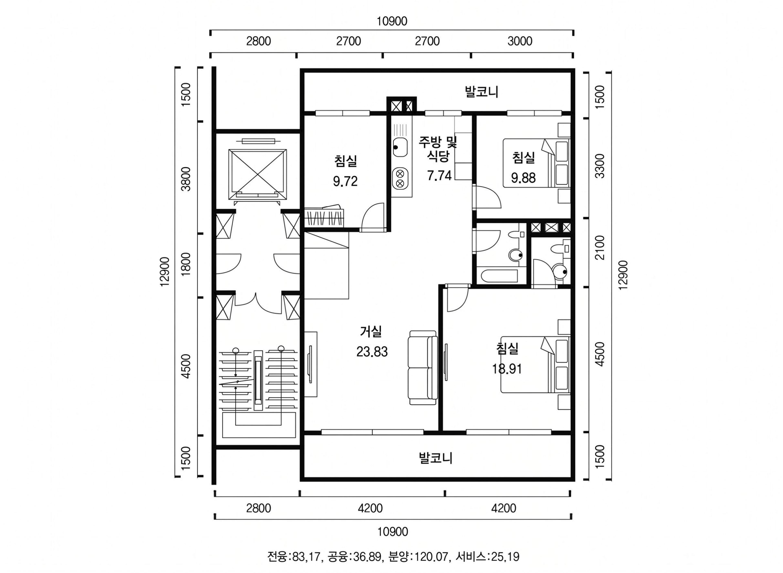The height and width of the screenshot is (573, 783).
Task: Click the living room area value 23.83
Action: tap(372, 352)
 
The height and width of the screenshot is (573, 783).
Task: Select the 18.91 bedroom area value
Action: tap(507, 369)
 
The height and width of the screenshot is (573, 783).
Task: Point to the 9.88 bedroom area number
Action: tap(523, 178)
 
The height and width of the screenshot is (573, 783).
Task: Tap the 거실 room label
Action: tap(371, 332)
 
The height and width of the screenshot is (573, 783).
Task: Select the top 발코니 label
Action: tap(482, 92)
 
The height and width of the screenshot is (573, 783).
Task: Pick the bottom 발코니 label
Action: tap(436, 458)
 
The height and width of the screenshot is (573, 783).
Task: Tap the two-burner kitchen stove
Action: tap(400, 178)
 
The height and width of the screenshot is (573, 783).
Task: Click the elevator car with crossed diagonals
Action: tap(257, 174)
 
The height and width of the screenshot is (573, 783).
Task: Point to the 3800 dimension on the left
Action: tap(186, 179)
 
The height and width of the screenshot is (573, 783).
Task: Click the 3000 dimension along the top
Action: tap(520, 41)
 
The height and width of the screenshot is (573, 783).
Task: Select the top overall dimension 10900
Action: tap(392, 21)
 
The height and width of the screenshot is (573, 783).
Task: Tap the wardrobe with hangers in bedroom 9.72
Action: tap(324, 217)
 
